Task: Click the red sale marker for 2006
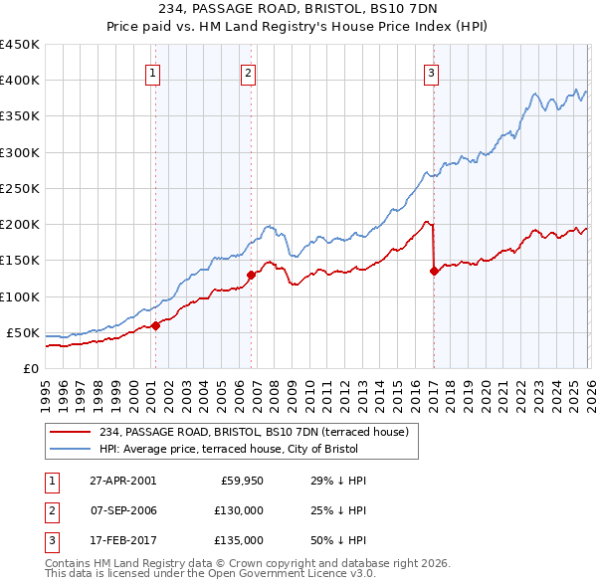coord(251,275)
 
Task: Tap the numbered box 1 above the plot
coord(153,72)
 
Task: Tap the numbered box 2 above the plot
coord(248,72)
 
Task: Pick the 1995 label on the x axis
coord(46,394)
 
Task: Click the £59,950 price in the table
coord(240,481)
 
